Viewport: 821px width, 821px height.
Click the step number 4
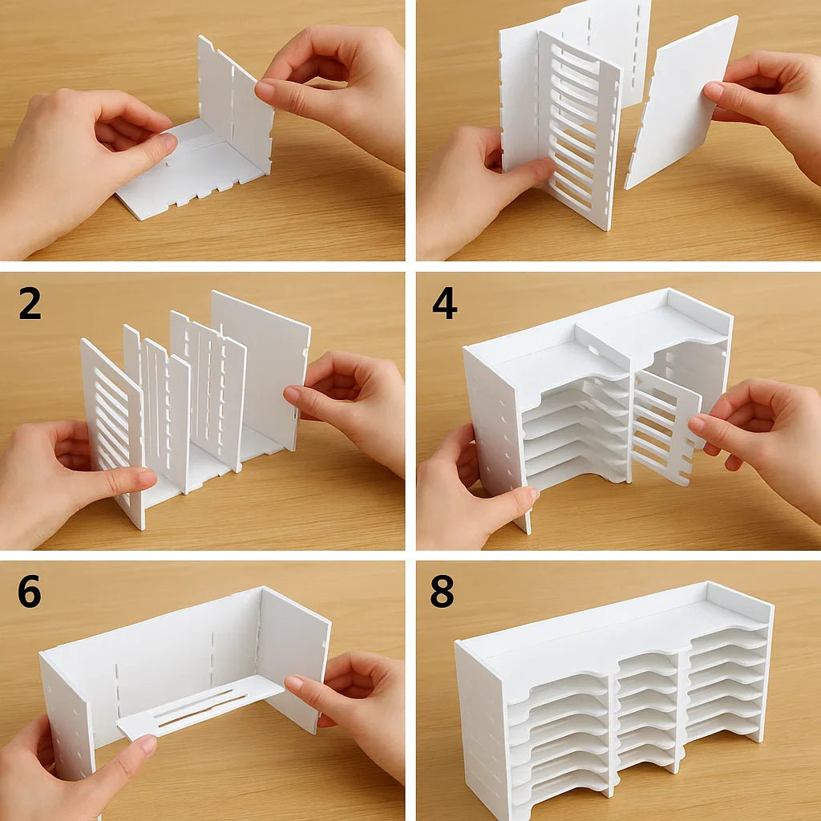click(444, 304)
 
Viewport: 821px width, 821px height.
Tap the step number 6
click(29, 592)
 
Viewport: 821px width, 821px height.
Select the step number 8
click(442, 592)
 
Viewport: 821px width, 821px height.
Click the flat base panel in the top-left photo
click(184, 172)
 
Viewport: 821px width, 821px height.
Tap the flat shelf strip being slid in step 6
click(200, 706)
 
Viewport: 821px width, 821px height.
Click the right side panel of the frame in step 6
click(293, 657)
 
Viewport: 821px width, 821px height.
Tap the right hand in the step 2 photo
click(353, 409)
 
